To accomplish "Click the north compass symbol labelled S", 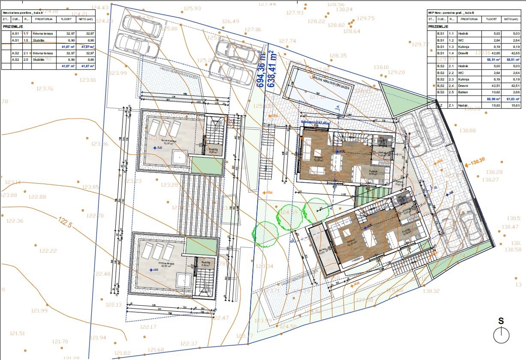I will click(501, 335).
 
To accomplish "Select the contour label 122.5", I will click(64, 222).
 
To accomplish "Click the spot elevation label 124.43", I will click(100, 7).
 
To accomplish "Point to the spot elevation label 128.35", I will click(338, 56).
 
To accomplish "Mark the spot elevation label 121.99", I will click(39, 311).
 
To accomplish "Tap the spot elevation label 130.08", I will click(467, 131).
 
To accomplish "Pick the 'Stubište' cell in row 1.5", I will click(39, 40).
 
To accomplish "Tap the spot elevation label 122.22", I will click(48, 251).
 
